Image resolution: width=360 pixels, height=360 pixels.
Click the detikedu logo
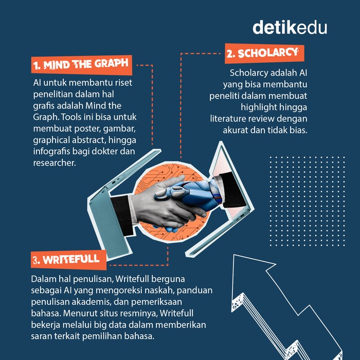[x=290, y=27]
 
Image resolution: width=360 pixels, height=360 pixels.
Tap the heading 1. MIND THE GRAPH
[x=81, y=64]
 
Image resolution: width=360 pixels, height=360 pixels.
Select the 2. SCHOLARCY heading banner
[x=264, y=53]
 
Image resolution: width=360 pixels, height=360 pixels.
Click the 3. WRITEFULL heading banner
[x=68, y=260]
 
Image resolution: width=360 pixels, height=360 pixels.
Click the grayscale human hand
[x=165, y=204]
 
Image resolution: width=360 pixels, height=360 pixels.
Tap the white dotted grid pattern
[x=307, y=201]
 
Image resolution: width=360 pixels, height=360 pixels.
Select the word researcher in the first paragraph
[x=55, y=163]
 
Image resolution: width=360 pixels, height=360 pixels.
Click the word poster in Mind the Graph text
[x=87, y=129]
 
